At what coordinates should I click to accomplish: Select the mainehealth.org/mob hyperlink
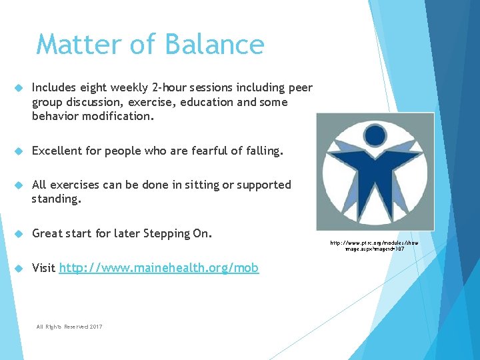(x=159, y=268)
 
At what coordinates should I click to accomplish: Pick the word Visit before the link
(x=43, y=268)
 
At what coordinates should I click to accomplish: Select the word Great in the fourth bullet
(x=47, y=233)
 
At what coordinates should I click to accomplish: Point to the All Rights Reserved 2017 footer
(x=69, y=326)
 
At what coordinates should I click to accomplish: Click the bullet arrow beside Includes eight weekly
(x=19, y=88)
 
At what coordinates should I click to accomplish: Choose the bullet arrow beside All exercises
(x=19, y=185)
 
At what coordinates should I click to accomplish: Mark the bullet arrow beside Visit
(x=19, y=268)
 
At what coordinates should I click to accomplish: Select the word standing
(x=56, y=199)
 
